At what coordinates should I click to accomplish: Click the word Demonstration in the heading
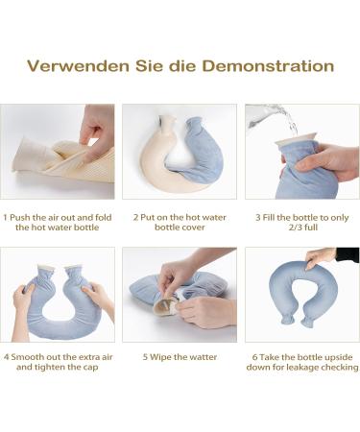[268, 66]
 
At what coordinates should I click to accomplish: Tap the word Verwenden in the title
[78, 66]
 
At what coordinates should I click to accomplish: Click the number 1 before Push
[5, 218]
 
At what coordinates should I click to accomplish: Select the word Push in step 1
[20, 218]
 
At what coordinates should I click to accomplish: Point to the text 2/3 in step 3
[295, 228]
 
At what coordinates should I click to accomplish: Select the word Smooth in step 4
[25, 357]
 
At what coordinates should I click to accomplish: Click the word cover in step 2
[193, 228]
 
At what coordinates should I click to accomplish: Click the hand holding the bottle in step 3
[324, 161]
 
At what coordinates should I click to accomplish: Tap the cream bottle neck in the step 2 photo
[167, 124]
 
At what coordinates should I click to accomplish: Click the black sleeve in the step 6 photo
[348, 254]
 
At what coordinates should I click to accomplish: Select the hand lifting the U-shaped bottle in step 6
[320, 257]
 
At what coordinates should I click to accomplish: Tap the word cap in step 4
[90, 368]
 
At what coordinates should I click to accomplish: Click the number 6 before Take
[254, 357]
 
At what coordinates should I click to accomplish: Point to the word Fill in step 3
[269, 218]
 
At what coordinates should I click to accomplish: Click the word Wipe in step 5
[160, 357]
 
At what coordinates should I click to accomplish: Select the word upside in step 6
[339, 357]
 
